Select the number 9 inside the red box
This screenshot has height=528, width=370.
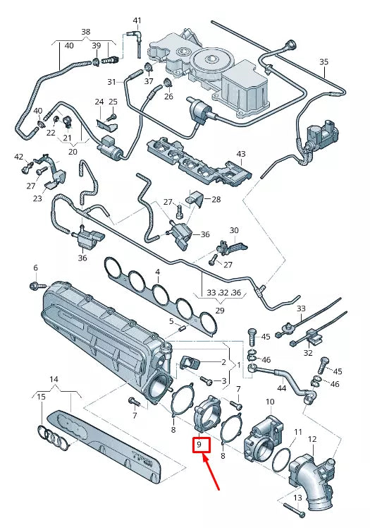point(200,445)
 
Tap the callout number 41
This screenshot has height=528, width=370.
point(137,20)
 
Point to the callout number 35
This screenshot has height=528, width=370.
point(323,62)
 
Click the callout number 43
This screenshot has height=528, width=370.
point(241,154)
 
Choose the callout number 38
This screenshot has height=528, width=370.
point(86,32)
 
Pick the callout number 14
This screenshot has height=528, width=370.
point(54,380)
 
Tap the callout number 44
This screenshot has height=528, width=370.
point(282,388)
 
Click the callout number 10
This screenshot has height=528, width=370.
point(269,402)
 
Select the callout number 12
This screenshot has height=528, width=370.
point(312,440)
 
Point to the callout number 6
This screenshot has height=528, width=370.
point(35,268)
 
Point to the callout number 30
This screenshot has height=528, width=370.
point(234,230)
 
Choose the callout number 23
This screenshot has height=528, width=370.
point(37,199)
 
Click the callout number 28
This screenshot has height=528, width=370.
point(216,200)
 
